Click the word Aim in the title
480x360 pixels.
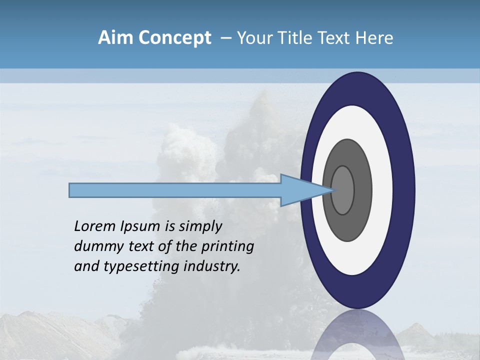115,38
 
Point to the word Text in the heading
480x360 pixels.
332,38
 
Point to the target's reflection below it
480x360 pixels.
357,335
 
